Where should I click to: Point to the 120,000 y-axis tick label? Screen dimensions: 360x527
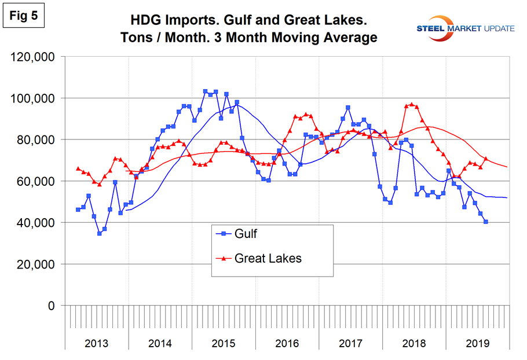pos(33,57)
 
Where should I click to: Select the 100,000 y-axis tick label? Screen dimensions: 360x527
pos(33,98)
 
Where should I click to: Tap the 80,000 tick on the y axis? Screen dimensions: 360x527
pos(36,140)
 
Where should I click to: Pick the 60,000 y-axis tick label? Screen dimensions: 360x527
pos(36,181)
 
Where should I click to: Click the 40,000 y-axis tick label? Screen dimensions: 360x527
pos(36,223)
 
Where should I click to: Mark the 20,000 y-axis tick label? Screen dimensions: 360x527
pos(36,264)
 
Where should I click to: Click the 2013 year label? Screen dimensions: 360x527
pos(96,343)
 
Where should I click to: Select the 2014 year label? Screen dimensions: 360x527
pos(160,343)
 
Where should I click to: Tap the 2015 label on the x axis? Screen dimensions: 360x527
pos(224,343)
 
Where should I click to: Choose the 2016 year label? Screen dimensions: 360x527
pos(287,343)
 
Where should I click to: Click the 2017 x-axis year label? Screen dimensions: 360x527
pos(350,343)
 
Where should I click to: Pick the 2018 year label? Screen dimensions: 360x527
pos(414,343)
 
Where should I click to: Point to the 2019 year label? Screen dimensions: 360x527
pos(477,343)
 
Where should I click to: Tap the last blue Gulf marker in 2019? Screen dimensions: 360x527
pos(486,222)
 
